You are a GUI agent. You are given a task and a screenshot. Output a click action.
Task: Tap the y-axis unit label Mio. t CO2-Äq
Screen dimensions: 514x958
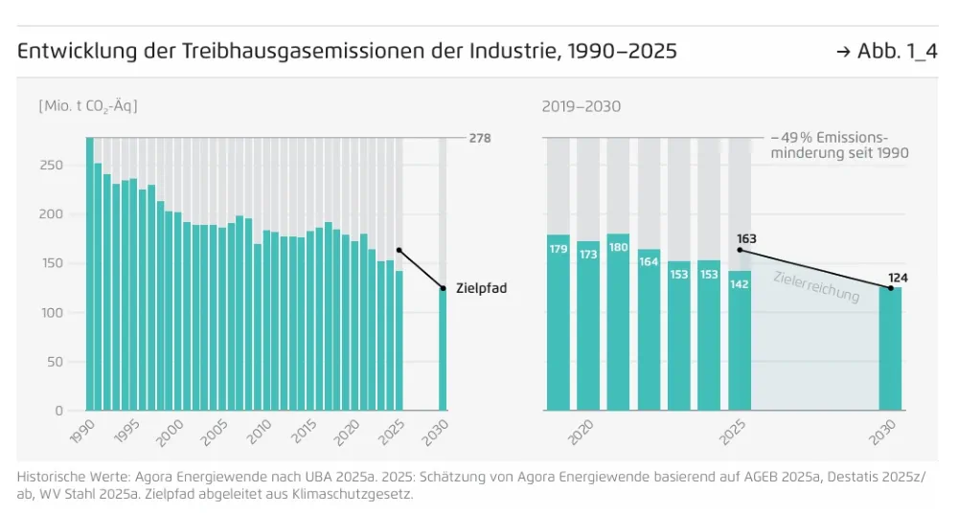point(88,106)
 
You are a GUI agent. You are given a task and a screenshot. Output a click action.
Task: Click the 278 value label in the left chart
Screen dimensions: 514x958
point(480,139)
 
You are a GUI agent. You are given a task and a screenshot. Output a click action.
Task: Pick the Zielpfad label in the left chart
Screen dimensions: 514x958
point(481,287)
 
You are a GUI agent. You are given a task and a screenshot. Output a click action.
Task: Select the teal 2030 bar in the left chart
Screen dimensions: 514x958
point(444,349)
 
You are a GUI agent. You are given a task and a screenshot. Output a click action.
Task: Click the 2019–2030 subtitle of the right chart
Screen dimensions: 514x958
point(582,106)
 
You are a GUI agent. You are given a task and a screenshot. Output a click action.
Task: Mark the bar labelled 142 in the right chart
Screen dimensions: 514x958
point(740,340)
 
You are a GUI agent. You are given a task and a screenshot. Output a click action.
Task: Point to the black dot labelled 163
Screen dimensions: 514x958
point(741,251)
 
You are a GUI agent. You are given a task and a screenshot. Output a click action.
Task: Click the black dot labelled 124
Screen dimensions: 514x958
point(890,287)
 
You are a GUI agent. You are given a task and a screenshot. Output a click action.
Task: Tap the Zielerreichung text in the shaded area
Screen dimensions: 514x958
point(817,285)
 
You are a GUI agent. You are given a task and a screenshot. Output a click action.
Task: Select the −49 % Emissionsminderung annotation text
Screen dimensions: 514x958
point(839,145)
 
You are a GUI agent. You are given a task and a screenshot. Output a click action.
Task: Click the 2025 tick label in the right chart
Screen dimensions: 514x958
point(734,434)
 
